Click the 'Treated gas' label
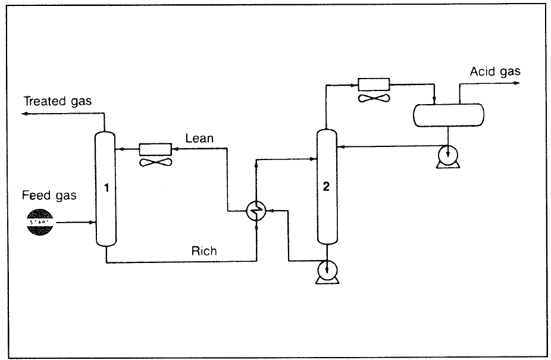tap(58, 101)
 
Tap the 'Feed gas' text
tap(49, 195)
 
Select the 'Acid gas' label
tap(494, 71)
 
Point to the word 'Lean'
tap(200, 139)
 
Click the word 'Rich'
tap(204, 251)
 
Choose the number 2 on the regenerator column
tap(325, 186)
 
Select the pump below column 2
tap(327, 271)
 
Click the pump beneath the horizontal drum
tap(447, 156)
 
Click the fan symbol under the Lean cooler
tap(156, 161)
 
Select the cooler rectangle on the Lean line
tap(155, 149)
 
